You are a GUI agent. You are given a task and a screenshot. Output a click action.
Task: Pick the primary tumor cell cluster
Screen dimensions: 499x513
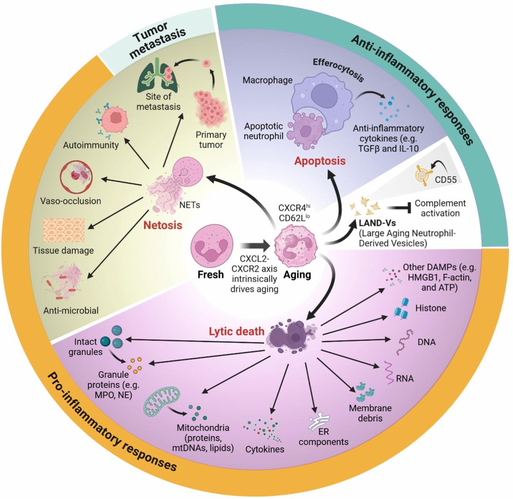point(209,107)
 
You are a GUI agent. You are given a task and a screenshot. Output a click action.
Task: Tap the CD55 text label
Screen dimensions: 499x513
point(445,180)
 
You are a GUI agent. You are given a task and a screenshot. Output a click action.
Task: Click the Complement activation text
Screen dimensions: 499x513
point(440,208)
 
